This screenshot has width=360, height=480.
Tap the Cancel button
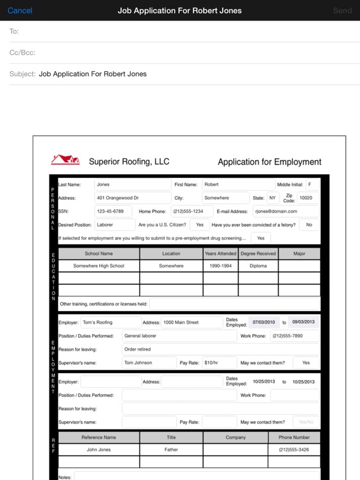[x=20, y=10]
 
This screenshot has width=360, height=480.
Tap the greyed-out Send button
[x=343, y=10]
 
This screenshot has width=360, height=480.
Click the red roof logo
[x=65, y=160]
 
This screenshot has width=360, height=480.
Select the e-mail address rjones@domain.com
[x=276, y=211]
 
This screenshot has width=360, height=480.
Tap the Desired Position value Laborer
[x=104, y=225]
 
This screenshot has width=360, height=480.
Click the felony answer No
[x=309, y=225]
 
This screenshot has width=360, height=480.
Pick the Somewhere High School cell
[x=99, y=266]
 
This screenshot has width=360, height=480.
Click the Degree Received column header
[x=258, y=253]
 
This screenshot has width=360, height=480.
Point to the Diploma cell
[x=258, y=266]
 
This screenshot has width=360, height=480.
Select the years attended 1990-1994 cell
[x=220, y=266]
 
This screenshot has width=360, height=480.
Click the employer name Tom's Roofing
[x=97, y=323]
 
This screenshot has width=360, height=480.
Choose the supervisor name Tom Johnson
[x=138, y=362]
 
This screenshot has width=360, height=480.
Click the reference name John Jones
[x=99, y=449]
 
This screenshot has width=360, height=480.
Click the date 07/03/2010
[x=263, y=322]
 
